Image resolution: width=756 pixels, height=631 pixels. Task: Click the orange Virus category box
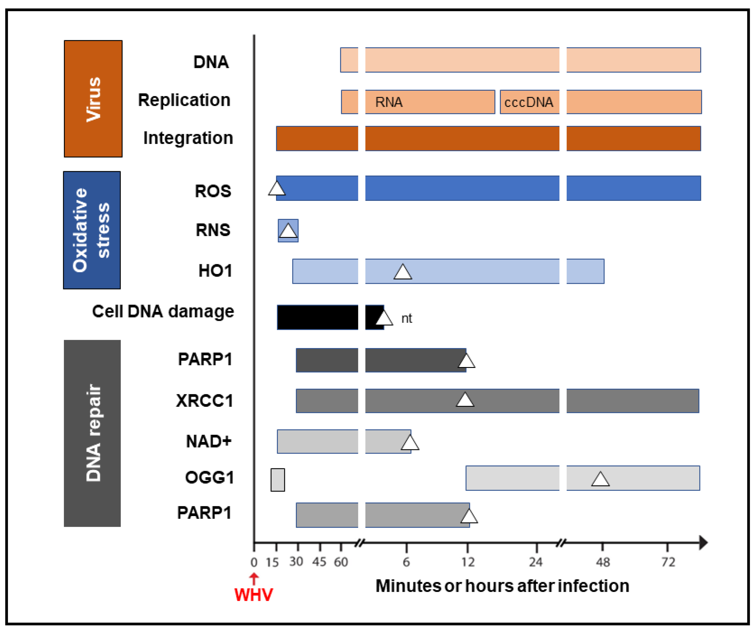[x=93, y=99]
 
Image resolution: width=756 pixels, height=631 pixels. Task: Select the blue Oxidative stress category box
[x=92, y=230]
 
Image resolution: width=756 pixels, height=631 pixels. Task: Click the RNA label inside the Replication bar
[x=389, y=102]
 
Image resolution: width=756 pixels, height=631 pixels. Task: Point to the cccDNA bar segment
[x=529, y=102]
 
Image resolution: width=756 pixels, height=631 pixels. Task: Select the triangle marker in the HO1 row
[x=402, y=272]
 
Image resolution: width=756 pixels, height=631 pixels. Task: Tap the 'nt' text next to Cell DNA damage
[x=407, y=318]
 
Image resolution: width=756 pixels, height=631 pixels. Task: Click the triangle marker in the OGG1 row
[x=600, y=479]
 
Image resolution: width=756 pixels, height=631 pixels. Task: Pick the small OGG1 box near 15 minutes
[x=277, y=480]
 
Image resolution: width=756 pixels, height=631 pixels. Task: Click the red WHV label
[x=253, y=595]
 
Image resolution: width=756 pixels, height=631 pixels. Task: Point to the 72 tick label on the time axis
[x=668, y=562]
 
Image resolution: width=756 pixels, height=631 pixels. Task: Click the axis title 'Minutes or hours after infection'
[x=502, y=586]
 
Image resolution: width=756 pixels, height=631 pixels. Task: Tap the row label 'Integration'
[x=188, y=138]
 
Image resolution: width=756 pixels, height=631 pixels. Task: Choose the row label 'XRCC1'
[x=205, y=401]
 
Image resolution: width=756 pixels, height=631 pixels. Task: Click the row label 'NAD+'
[x=208, y=441]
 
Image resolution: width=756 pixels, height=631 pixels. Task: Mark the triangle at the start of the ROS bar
[x=277, y=189]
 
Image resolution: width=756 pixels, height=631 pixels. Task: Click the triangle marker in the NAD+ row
[x=410, y=443]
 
